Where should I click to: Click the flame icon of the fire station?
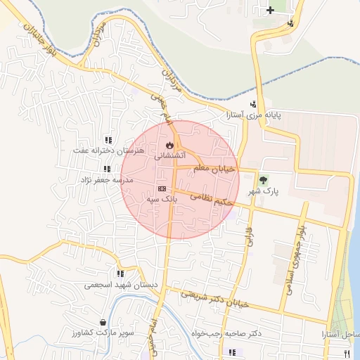(x=169, y=145)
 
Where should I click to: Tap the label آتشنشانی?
(x=169, y=155)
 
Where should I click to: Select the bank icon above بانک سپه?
(x=162, y=188)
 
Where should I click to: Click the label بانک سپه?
(x=160, y=200)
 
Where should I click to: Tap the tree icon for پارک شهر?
(x=264, y=180)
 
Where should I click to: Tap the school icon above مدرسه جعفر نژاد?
(x=107, y=169)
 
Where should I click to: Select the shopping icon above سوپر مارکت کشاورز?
(x=103, y=322)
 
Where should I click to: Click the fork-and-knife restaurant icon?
(x=346, y=352)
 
